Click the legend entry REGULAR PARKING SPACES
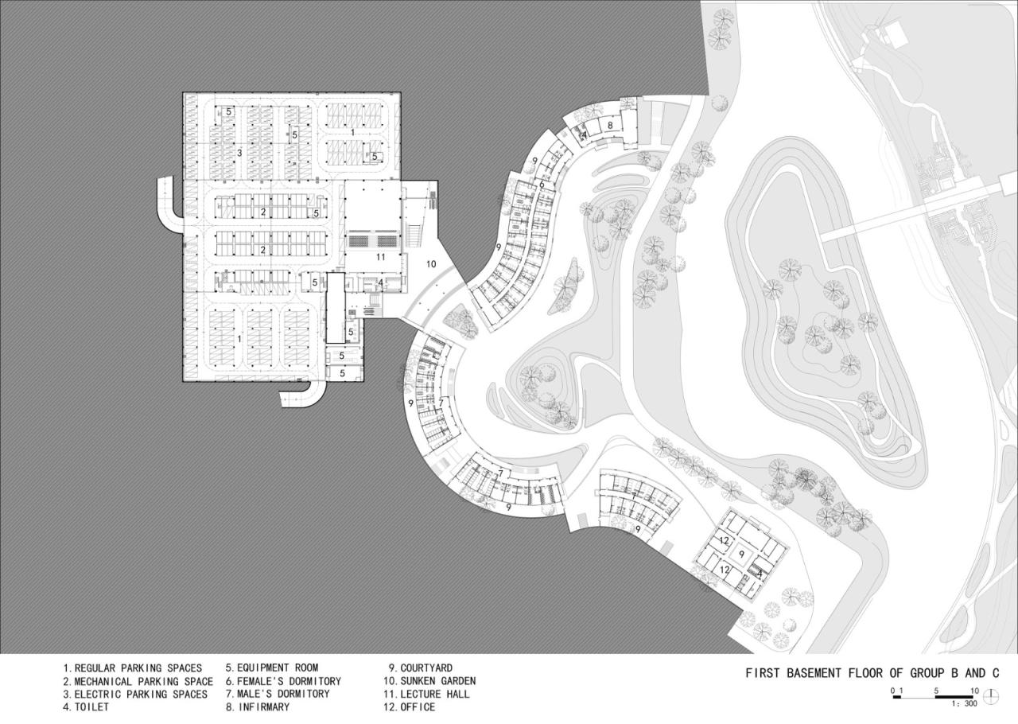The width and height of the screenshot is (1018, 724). click(132, 668)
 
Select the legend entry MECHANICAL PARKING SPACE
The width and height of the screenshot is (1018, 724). click(138, 681)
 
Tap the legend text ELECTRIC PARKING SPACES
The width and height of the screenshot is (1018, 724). click(135, 695)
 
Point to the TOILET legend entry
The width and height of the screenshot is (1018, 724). click(86, 707)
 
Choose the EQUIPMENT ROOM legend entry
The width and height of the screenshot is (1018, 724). click(272, 668)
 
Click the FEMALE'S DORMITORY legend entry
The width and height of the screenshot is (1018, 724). click(283, 681)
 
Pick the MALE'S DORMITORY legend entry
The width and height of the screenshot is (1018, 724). click(278, 694)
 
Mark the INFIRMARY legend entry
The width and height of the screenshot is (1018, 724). click(258, 707)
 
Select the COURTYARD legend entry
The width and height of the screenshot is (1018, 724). click(421, 668)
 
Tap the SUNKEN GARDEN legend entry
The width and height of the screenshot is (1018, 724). click(429, 681)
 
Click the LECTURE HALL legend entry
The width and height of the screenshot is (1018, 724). click(426, 694)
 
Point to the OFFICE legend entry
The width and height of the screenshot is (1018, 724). click(409, 707)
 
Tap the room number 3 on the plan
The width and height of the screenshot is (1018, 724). click(239, 154)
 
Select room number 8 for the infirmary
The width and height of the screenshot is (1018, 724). click(610, 125)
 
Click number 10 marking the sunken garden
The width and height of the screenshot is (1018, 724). click(431, 264)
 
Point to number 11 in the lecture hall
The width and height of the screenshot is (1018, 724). click(380, 257)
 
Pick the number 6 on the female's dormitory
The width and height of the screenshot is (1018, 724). click(542, 185)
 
